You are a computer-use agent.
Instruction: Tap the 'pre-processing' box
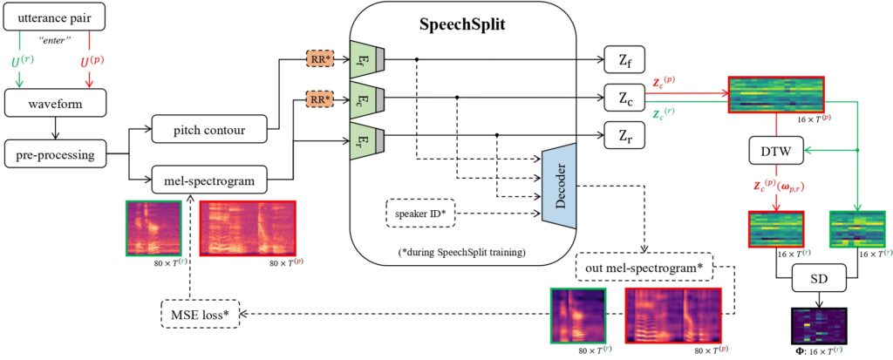(55, 153)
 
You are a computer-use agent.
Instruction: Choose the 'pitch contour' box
(209, 129)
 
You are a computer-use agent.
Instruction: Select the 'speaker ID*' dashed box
(421, 214)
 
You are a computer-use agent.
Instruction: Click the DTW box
(775, 151)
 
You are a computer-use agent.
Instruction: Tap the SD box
(820, 281)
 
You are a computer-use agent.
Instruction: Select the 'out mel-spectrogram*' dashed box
(644, 267)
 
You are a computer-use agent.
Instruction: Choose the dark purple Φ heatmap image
(820, 325)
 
